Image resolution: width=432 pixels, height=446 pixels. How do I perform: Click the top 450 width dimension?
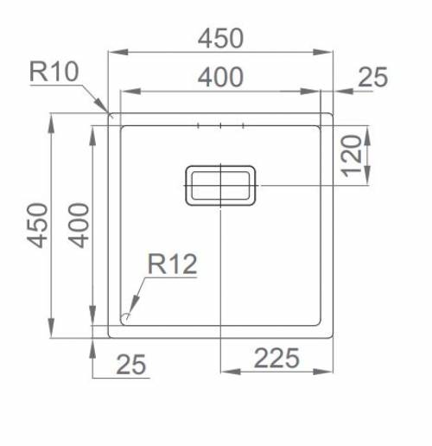click(220, 39)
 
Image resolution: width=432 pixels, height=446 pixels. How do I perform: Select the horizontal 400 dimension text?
click(220, 78)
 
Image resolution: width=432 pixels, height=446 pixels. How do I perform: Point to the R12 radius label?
click(172, 264)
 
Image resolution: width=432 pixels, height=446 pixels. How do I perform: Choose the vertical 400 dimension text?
click(79, 224)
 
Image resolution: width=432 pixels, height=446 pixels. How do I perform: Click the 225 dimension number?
click(276, 356)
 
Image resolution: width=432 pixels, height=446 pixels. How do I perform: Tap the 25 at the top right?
click(372, 78)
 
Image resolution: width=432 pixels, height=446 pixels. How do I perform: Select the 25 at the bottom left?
click(130, 365)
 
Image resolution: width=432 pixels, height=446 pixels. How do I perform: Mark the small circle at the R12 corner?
click(127, 316)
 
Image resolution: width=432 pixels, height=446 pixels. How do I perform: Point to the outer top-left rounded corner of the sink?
click(109, 114)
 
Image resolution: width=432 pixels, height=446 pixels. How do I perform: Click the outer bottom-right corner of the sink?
click(333, 336)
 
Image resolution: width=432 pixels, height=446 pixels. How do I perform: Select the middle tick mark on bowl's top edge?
click(221, 127)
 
